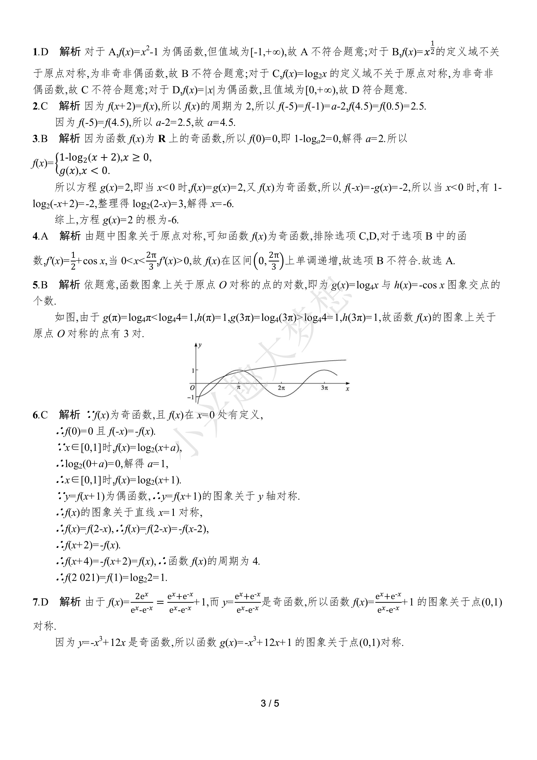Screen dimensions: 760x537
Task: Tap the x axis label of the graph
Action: click(x=347, y=389)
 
